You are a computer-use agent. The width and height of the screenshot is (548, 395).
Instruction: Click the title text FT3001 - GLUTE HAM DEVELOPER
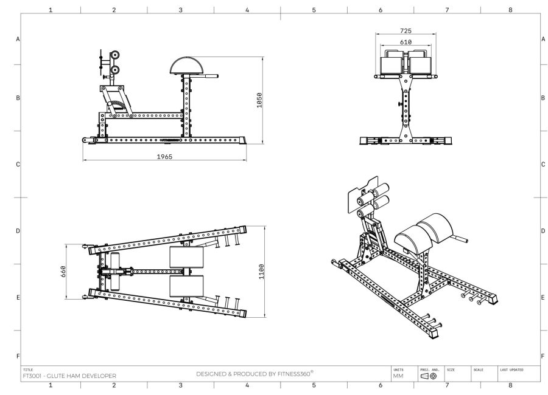(69, 376)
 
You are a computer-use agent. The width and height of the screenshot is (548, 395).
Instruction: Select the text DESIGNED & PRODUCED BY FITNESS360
(254, 374)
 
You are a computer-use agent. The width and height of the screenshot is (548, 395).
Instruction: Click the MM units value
(398, 376)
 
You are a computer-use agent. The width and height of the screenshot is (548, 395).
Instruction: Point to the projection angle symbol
(428, 376)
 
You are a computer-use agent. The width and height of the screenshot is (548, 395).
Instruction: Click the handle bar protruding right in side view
(210, 77)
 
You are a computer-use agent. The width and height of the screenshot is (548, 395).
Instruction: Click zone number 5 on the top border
(314, 10)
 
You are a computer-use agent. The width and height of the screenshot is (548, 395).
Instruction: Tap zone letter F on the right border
(542, 356)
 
